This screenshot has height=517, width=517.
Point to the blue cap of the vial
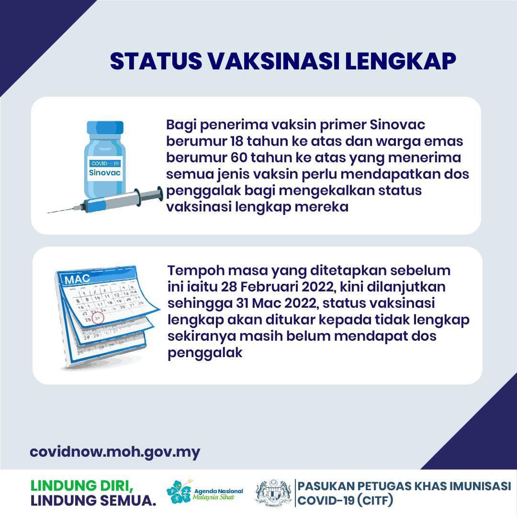pos(105,127)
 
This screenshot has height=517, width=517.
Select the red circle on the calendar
pos(98,317)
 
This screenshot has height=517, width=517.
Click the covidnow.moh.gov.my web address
pos(115,452)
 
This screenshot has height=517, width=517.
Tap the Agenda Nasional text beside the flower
pos(219,491)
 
